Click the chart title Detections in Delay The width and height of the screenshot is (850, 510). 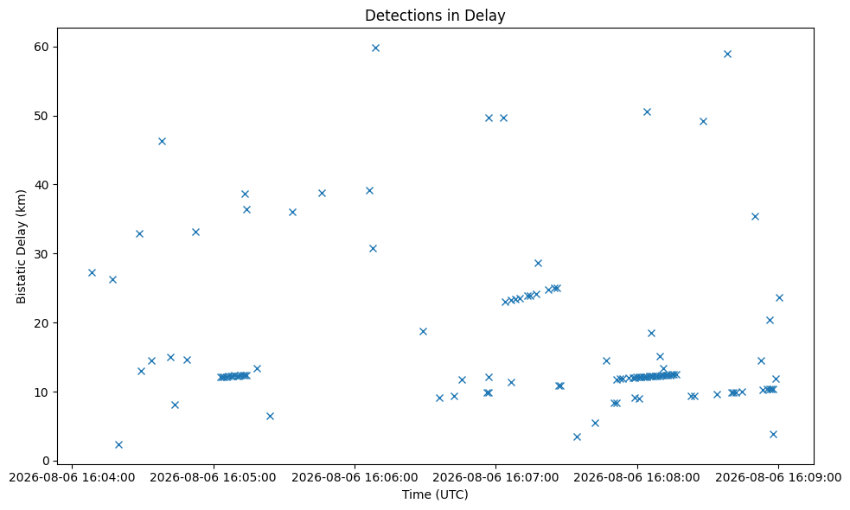435,16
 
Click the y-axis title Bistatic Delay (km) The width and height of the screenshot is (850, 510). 21,246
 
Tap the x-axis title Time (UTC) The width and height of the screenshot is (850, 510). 435,494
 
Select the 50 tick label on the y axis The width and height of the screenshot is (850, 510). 42,116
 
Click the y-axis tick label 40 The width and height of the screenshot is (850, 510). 42,185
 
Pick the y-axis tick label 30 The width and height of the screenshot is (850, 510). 42,254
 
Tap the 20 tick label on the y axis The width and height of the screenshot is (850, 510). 42,323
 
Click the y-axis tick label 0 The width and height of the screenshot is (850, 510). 46,462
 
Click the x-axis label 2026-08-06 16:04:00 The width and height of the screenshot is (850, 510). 72,478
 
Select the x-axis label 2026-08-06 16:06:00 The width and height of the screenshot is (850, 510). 355,478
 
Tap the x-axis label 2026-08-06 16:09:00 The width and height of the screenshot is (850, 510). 778,478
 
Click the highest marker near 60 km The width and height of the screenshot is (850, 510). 375,48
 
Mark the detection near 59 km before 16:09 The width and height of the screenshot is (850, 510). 727,54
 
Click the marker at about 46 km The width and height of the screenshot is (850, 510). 162,142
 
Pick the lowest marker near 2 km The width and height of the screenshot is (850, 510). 118,445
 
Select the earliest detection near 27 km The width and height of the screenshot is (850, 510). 92,272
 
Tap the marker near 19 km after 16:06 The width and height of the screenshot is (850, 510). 423,332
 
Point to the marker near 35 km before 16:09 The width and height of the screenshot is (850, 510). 755,217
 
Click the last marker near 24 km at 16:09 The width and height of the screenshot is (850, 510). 779,297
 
